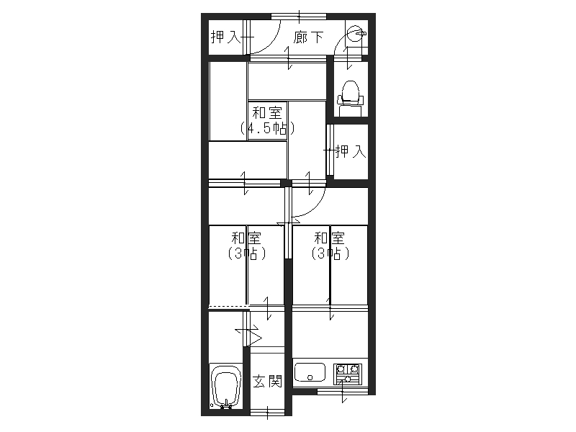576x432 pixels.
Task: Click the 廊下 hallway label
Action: click(308, 37)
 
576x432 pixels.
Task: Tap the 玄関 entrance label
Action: click(267, 382)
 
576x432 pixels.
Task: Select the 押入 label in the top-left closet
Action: click(225, 37)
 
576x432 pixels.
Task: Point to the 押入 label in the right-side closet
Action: click(351, 151)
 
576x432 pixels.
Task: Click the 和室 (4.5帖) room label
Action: click(267, 120)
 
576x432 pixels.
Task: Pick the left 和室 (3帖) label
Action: click(246, 246)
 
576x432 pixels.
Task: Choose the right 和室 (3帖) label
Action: click(330, 246)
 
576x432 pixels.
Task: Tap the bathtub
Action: click(226, 387)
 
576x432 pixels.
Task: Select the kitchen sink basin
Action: click(310, 373)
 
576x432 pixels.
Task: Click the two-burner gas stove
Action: click(348, 374)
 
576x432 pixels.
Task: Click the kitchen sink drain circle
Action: click(310, 377)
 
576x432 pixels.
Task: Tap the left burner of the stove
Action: click(341, 368)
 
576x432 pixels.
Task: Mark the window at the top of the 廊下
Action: click(299, 17)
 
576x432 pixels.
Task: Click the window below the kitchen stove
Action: click(343, 391)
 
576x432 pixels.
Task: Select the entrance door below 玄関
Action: click(267, 412)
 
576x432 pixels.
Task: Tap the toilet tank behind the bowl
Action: click(350, 110)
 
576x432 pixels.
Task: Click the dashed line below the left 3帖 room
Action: click(228, 306)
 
